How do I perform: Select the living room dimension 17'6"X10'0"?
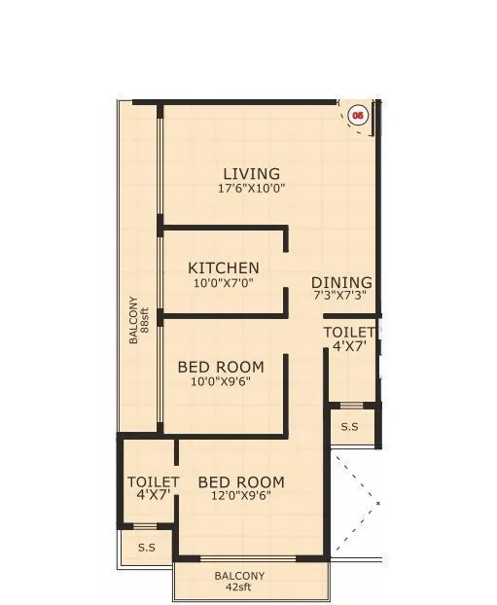click(251, 189)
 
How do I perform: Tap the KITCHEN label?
click(224, 267)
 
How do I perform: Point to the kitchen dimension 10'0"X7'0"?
click(223, 283)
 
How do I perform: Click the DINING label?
click(341, 282)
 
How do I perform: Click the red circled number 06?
click(358, 115)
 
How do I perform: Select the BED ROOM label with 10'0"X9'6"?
click(221, 367)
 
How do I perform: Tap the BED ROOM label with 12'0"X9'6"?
click(241, 481)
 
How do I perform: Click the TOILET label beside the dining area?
click(348, 332)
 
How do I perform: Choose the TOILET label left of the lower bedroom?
click(153, 481)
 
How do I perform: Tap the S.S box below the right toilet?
click(348, 426)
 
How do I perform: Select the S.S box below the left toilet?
click(146, 548)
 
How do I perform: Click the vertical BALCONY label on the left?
click(132, 321)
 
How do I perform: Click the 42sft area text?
click(239, 588)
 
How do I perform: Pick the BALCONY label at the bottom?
click(239, 576)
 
